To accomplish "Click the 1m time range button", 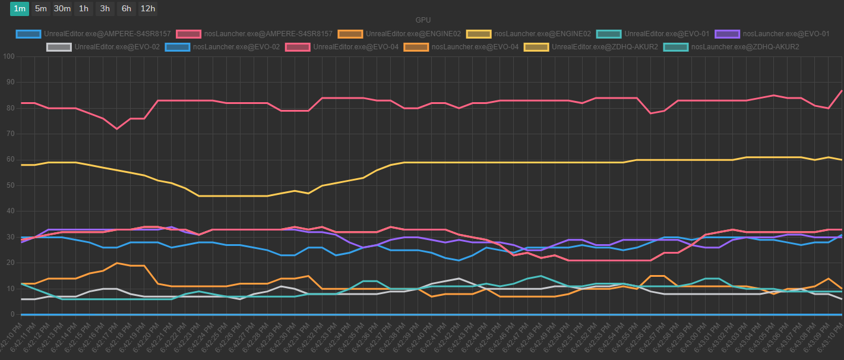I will (x=20, y=8).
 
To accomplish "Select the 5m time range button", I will (x=41, y=8).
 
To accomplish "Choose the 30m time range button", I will (x=62, y=8).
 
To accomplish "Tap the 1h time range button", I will (x=84, y=8).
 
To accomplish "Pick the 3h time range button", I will (x=105, y=8).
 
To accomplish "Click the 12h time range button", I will (x=147, y=8).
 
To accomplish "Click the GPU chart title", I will (x=423, y=20).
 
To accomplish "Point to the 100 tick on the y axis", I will (x=8, y=57).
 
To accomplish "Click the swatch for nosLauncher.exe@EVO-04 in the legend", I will (x=416, y=46).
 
